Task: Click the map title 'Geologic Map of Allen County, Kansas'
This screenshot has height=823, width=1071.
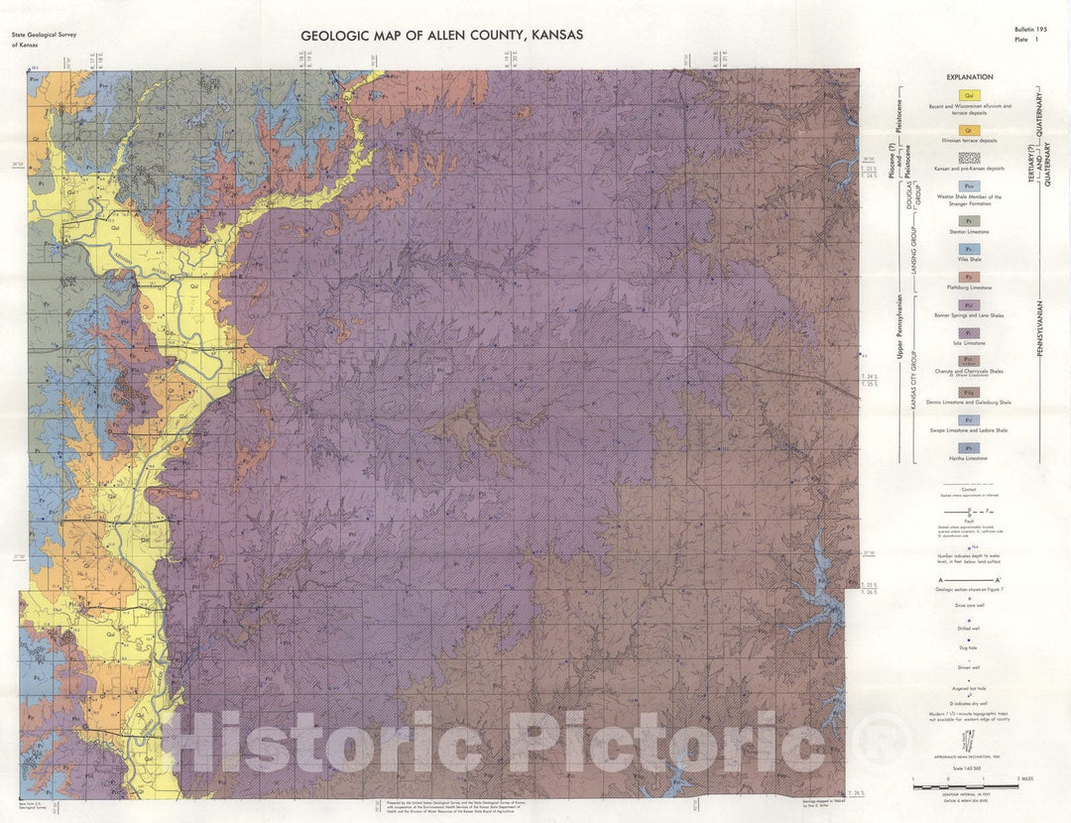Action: click(x=441, y=35)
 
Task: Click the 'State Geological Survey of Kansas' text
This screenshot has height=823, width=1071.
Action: click(x=44, y=40)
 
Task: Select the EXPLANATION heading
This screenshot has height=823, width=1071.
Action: click(x=969, y=77)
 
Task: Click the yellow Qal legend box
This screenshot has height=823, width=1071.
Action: click(x=971, y=95)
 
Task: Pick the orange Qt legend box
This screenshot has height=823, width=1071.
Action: click(x=971, y=130)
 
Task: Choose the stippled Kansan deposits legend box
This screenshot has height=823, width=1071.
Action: click(x=971, y=158)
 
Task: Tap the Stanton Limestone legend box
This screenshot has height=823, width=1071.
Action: click(x=971, y=220)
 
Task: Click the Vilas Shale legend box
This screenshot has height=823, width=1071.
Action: click(x=971, y=249)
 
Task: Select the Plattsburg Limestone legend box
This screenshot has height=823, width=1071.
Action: click(x=971, y=277)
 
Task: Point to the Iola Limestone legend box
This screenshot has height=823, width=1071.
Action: click(x=971, y=333)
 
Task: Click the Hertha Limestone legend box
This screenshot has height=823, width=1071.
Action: click(x=971, y=448)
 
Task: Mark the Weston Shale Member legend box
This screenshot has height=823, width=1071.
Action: click(x=971, y=185)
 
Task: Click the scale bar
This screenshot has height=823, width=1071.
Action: click(x=966, y=785)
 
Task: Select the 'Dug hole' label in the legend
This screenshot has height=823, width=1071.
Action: click(x=969, y=647)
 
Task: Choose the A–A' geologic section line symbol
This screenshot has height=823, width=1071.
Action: click(x=969, y=577)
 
